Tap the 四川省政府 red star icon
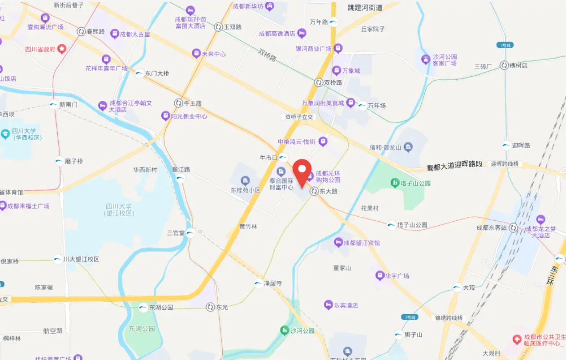(x=62, y=49)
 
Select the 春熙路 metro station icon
(x=81, y=31)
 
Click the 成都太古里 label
(x=135, y=34)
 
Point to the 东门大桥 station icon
(x=139, y=73)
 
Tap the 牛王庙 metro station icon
(x=178, y=103)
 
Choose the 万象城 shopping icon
(x=337, y=70)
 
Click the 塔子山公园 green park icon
(x=394, y=183)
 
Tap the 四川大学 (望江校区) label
(x=119, y=210)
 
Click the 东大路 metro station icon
(x=313, y=191)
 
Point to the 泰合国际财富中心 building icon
(x=281, y=171)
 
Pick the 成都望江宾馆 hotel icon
(x=338, y=243)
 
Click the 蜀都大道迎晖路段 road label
(x=454, y=164)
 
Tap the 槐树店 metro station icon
(x=504, y=65)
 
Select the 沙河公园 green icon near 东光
(x=285, y=330)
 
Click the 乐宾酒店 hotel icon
(x=328, y=305)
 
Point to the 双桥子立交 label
(x=300, y=117)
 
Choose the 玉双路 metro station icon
(x=218, y=27)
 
